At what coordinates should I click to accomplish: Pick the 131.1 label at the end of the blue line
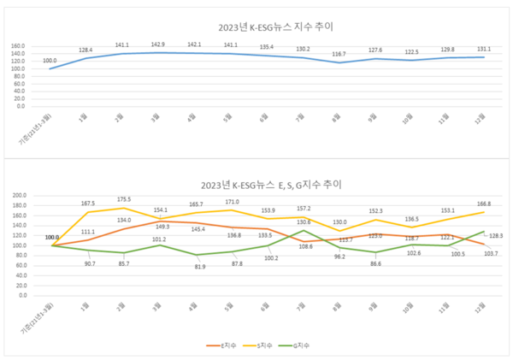tap(484, 48)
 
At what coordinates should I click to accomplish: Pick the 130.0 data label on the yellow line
tap(340, 222)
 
